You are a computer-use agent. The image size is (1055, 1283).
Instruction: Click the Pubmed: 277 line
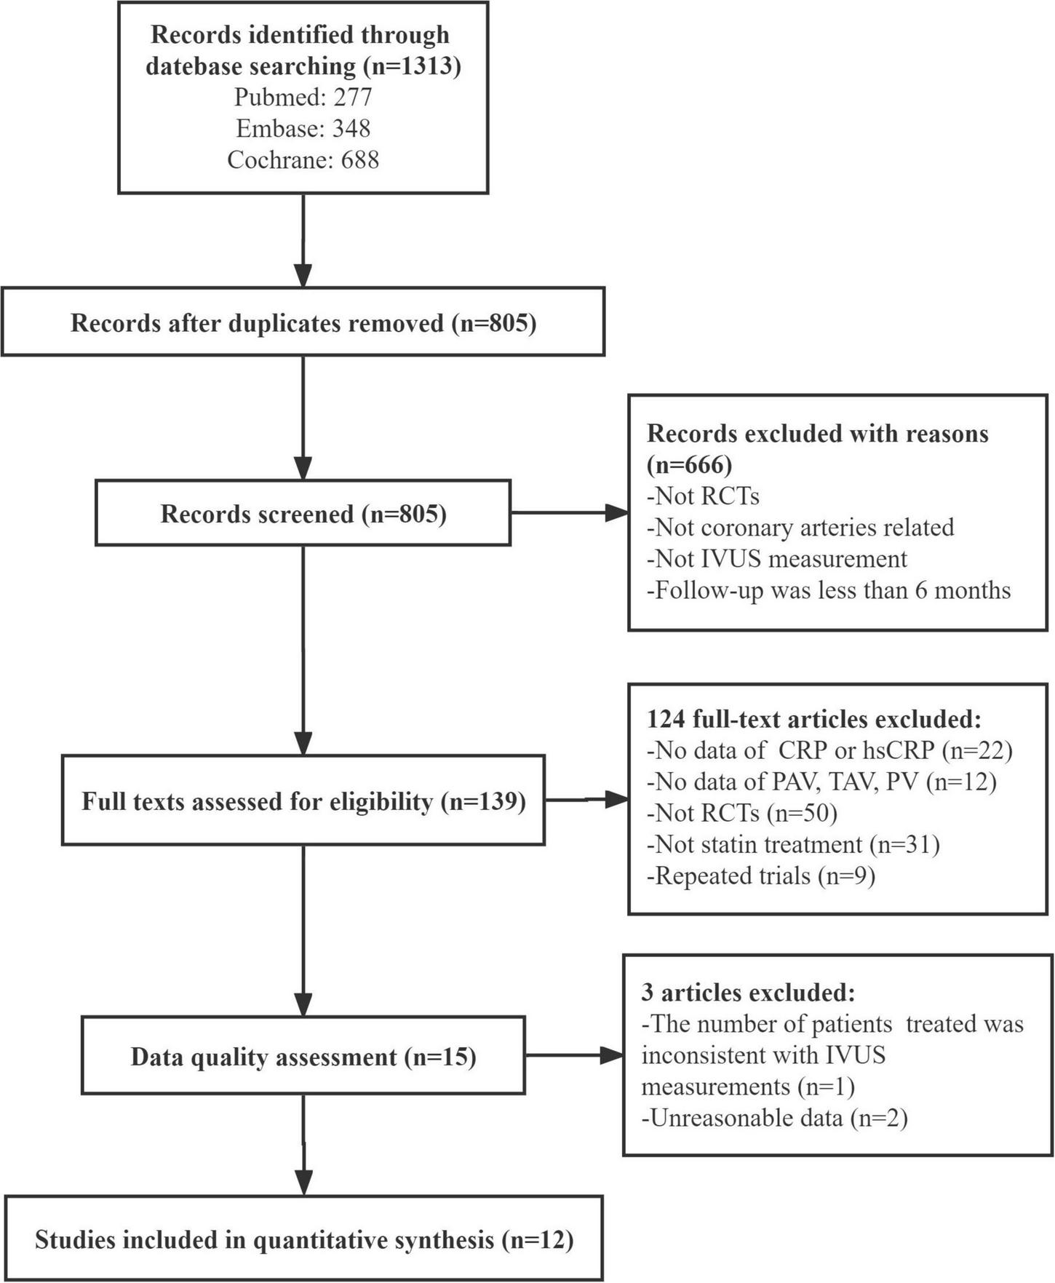303,97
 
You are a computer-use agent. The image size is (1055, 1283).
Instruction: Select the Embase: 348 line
303,128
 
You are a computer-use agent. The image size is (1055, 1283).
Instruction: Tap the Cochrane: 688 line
303,159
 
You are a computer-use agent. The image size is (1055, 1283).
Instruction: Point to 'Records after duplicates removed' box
303,322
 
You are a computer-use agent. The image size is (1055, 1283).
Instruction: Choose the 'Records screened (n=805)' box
303,514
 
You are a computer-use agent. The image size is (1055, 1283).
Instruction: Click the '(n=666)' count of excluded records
689,464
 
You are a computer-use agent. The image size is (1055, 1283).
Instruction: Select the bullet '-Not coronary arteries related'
800,527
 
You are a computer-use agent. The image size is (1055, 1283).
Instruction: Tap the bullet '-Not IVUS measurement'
777,558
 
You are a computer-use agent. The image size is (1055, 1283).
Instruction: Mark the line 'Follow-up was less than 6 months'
829,589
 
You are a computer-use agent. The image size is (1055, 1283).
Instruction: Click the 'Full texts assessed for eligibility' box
303,801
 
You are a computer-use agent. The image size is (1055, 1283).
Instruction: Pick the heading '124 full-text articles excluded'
814,719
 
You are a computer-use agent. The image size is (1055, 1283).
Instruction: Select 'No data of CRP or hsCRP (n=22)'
829,750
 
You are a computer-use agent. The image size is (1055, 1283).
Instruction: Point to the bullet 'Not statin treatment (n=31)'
793,844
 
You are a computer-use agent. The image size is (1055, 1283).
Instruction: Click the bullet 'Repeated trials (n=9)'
760,875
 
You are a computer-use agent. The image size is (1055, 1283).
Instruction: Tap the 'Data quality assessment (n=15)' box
303,1056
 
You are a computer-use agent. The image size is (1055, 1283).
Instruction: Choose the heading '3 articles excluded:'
748,993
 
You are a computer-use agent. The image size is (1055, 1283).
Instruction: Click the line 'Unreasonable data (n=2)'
774,1118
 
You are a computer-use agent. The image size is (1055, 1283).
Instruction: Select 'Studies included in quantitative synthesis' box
303,1239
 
